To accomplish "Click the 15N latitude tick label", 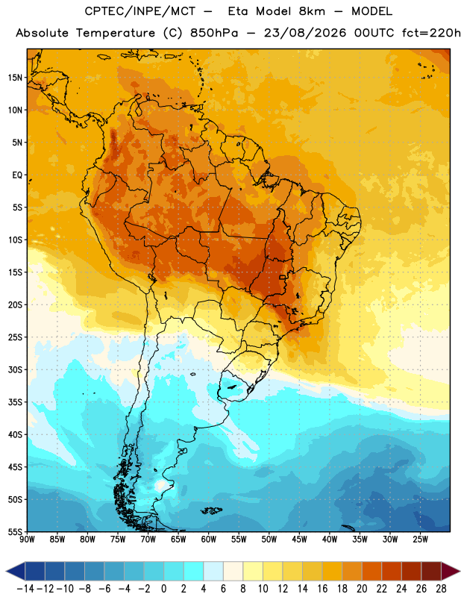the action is point(15,78).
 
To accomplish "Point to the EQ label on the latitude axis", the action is point(17,175).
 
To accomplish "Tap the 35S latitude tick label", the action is point(15,402).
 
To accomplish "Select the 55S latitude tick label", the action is point(15,531).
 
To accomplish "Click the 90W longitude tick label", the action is point(28,539).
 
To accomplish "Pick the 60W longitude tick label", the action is point(209,539).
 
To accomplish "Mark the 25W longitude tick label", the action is point(420,539).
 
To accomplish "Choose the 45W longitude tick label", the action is point(299,539).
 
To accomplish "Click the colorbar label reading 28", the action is point(441,589).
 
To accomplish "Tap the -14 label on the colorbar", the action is point(25,589).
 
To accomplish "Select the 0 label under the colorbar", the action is point(163,589).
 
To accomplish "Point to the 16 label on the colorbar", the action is point(322,589).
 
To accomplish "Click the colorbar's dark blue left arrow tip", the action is point(6,571).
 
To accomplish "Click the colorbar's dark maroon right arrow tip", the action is point(460,571).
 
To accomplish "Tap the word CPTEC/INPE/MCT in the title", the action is point(140,11).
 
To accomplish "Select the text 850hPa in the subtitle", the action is point(214,33).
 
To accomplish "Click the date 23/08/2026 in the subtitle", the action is point(305,33).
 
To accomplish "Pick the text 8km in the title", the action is point(312,11).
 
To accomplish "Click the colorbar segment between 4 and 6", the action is point(213,571).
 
